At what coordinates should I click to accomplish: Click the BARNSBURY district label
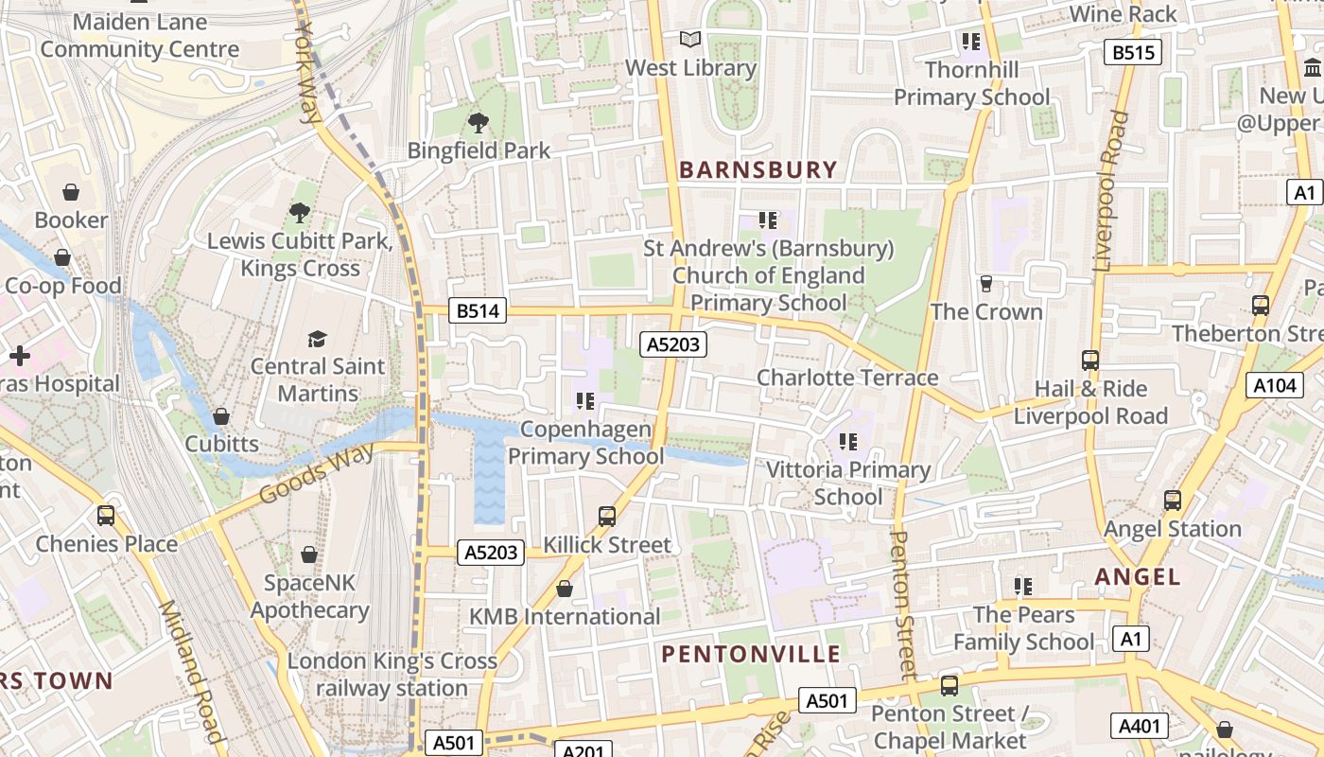coord(758,170)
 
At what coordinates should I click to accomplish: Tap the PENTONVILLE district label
coord(751,654)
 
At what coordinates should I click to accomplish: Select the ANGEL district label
coord(1138,576)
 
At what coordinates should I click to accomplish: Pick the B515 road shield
coord(1132,53)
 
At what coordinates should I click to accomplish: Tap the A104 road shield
coord(1273,385)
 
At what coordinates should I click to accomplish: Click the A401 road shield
coord(1139,726)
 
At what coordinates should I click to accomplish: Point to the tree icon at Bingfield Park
coord(479,122)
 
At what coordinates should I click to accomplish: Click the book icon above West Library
coord(691,40)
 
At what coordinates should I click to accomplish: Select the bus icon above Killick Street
coord(607,517)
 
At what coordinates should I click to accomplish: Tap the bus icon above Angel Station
coord(1173,501)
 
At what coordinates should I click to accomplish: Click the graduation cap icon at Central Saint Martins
coord(318,339)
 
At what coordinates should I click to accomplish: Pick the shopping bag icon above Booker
coord(71,193)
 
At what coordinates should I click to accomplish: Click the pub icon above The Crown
coord(986,284)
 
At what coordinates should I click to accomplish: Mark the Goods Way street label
coord(315,474)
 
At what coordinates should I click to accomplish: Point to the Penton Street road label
coord(903,606)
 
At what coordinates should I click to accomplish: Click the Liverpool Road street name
coord(1112,192)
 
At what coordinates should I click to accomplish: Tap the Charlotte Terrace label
coord(847,378)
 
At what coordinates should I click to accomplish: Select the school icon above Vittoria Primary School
coord(848,442)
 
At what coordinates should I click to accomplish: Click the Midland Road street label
coord(192,672)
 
